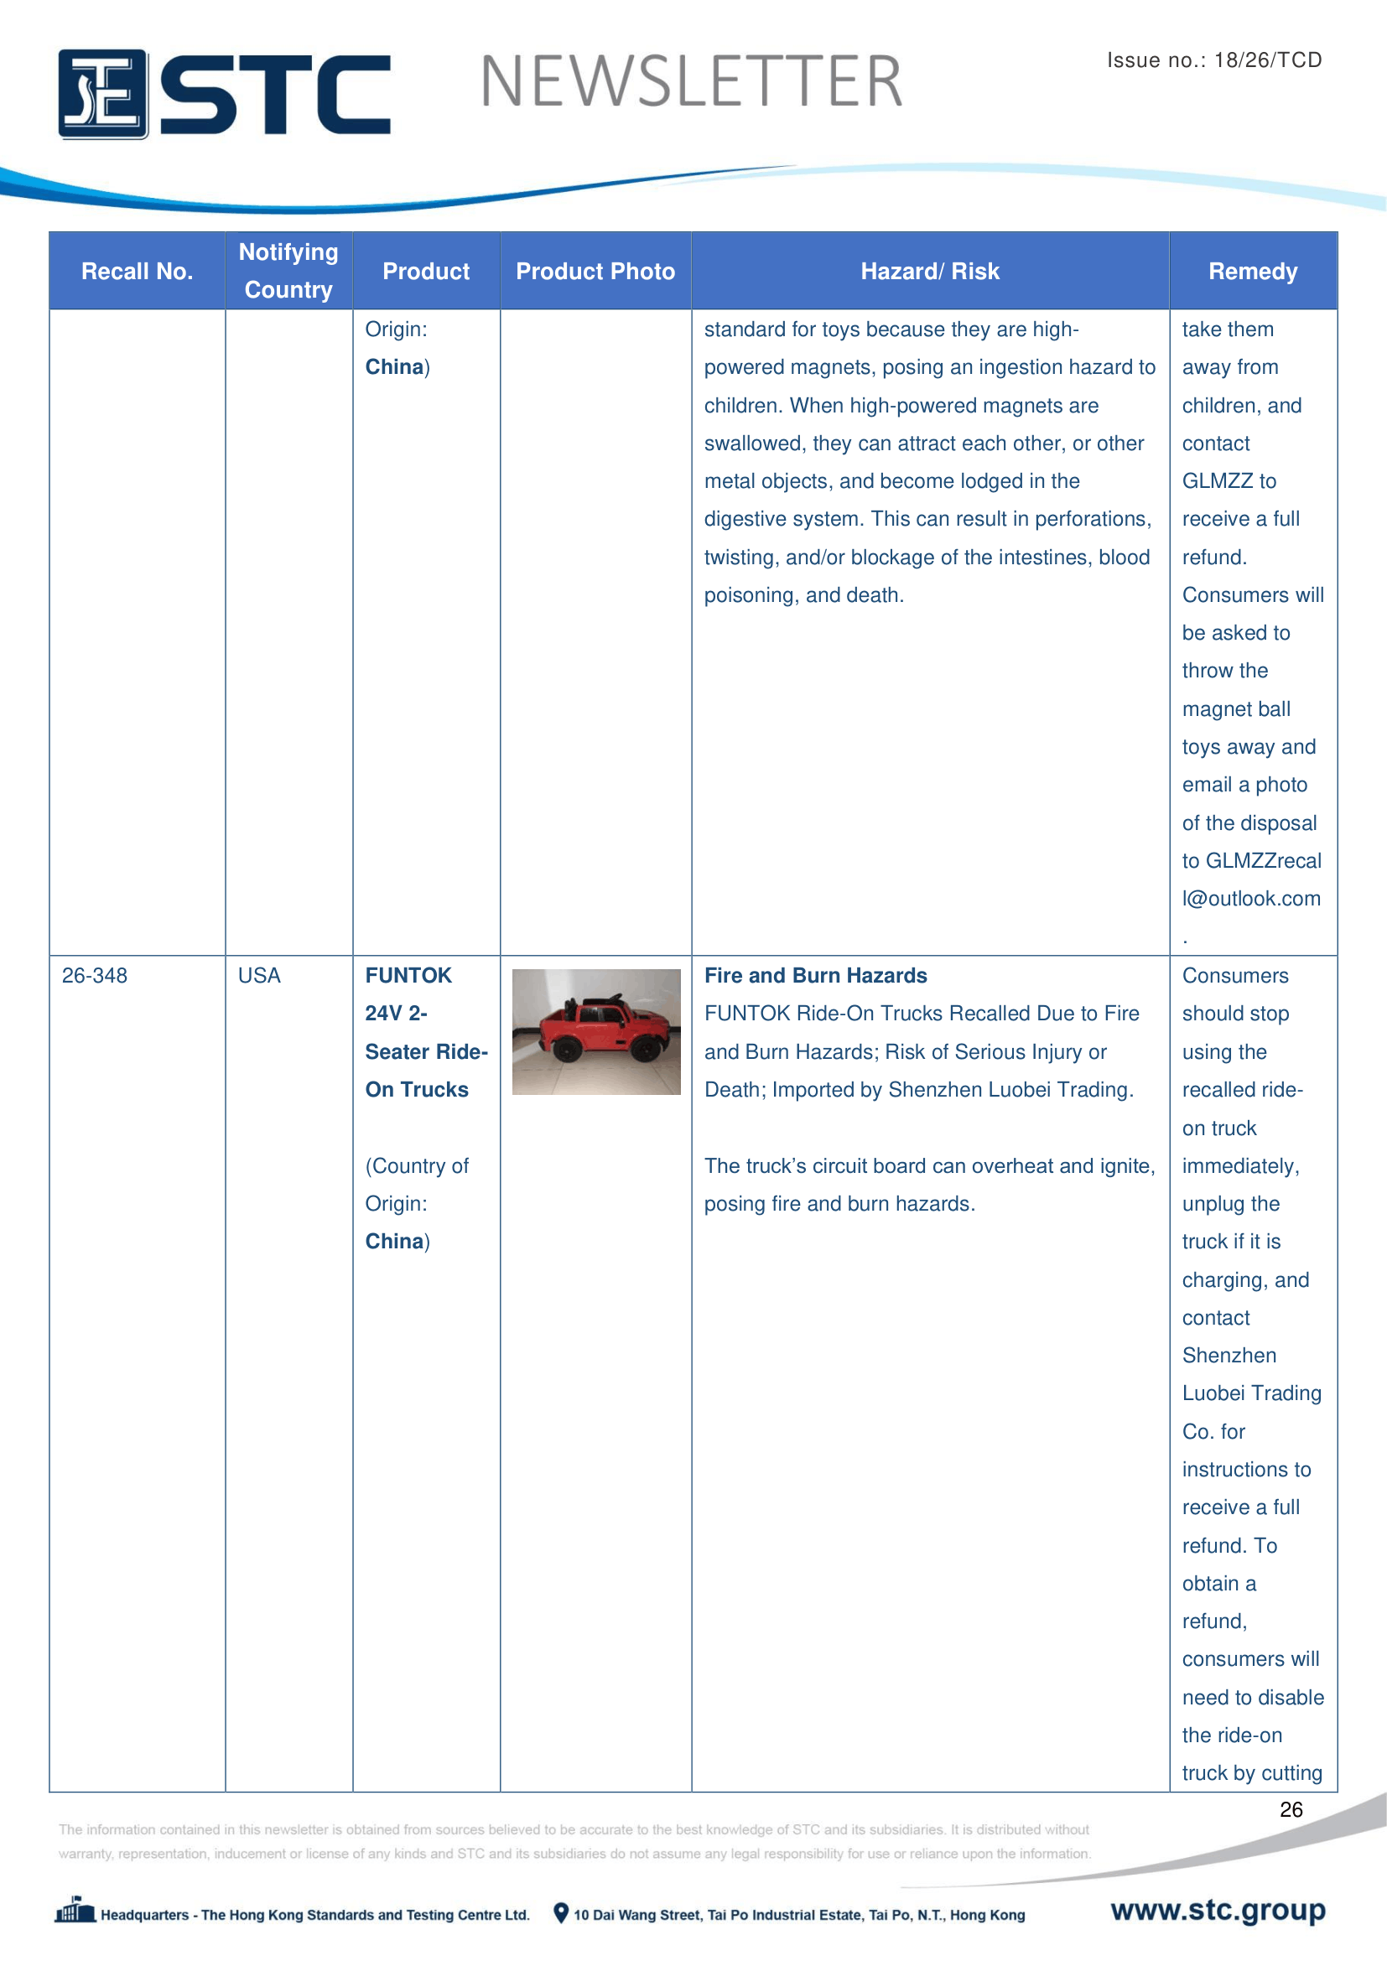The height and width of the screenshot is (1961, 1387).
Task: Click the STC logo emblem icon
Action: point(102,94)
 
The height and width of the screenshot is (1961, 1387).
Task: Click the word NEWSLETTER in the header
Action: point(691,82)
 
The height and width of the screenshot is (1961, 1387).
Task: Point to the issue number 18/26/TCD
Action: point(1267,60)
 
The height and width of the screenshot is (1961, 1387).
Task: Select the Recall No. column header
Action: point(137,272)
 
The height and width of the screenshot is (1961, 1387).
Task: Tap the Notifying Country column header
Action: point(288,271)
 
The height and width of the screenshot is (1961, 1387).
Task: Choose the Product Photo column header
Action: point(595,272)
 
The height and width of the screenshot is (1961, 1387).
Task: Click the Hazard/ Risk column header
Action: point(929,272)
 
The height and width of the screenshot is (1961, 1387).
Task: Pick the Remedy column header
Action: point(1252,272)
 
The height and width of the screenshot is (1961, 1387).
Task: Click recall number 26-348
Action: point(95,975)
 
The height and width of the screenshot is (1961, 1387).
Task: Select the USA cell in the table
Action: point(259,975)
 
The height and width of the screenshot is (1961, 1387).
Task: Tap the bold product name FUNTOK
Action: point(408,975)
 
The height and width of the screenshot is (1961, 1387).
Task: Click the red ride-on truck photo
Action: point(596,1031)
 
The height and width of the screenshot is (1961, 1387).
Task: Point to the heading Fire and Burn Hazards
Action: point(815,975)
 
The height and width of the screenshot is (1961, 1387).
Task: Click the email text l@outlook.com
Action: point(1251,899)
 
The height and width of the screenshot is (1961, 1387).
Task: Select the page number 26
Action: point(1291,1809)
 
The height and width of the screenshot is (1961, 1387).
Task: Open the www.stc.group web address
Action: point(1218,1910)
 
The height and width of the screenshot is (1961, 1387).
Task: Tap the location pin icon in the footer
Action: point(561,1913)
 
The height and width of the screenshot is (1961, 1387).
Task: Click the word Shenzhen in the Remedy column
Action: point(1229,1356)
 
